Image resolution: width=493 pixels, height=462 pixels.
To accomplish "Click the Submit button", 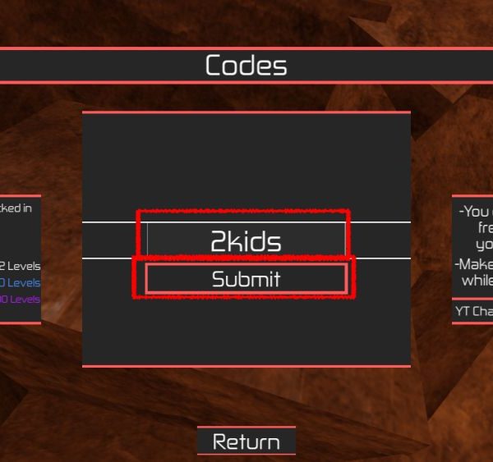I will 246,279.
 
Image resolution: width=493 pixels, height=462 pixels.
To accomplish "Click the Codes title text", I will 246,66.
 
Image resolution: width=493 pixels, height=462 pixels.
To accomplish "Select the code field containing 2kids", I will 246,240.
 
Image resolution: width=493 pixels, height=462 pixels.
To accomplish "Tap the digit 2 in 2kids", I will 219,242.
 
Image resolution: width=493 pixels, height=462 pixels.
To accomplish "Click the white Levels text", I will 24,266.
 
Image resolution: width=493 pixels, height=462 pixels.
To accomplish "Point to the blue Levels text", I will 24,283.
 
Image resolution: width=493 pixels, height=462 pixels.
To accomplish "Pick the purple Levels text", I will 25,300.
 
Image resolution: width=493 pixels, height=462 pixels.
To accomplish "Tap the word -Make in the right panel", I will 474,264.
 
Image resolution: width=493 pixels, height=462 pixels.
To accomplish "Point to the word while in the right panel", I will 477,280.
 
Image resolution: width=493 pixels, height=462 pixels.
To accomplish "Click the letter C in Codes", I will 214,66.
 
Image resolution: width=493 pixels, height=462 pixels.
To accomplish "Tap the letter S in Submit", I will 219,279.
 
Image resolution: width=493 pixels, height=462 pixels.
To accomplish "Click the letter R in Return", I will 220,442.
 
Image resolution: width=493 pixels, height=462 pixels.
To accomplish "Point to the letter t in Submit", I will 277,279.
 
